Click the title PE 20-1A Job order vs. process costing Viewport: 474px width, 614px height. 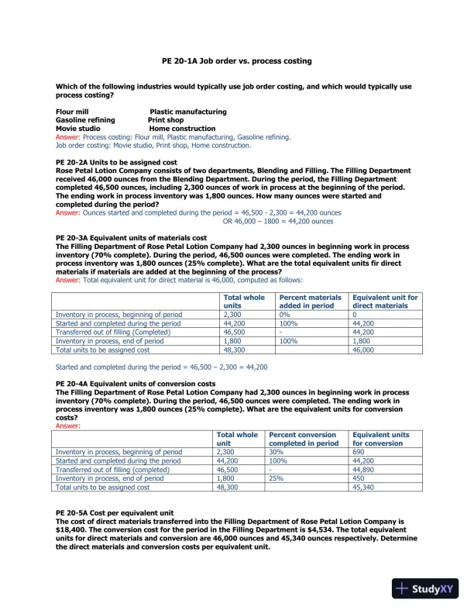coord(236,60)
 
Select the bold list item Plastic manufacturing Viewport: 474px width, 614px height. coord(187,112)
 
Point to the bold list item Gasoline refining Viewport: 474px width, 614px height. coord(85,120)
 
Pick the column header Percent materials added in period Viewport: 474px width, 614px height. coord(310,302)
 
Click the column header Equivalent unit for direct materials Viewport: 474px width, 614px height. coord(385,302)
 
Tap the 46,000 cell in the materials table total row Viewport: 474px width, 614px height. coord(364,350)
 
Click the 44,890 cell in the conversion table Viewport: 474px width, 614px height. coord(364,470)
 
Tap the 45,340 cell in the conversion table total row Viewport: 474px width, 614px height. coord(364,488)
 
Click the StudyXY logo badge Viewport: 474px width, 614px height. coord(427,588)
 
